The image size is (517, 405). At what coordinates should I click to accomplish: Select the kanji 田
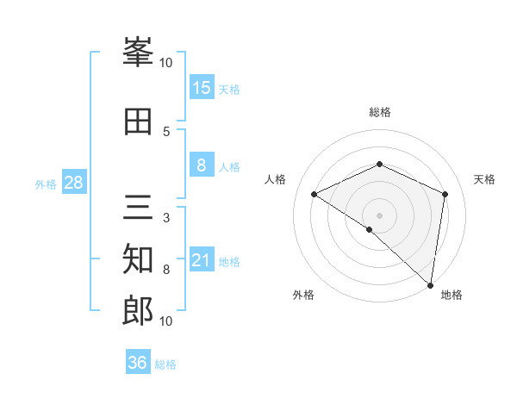(x=138, y=121)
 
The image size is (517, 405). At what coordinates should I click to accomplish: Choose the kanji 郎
(x=138, y=310)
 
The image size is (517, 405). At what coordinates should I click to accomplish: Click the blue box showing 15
(x=202, y=88)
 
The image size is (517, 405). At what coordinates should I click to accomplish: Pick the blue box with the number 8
(x=202, y=166)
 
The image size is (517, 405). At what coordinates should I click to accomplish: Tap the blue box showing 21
(x=202, y=261)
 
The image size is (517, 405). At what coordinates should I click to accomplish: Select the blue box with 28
(x=73, y=184)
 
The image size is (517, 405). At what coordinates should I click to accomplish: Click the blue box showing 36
(x=138, y=363)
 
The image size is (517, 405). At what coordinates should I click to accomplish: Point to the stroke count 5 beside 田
(x=166, y=131)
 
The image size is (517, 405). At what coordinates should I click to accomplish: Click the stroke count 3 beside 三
(x=166, y=218)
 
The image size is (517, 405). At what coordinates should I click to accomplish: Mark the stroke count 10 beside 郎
(x=166, y=321)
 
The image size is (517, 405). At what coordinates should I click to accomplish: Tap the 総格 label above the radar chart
(x=379, y=112)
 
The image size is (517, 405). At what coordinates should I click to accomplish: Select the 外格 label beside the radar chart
(x=303, y=295)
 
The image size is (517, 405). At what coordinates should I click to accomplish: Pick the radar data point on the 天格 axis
(x=445, y=194)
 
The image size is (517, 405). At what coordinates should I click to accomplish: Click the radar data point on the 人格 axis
(x=315, y=194)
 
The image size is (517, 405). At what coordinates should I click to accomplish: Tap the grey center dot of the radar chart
(x=379, y=215)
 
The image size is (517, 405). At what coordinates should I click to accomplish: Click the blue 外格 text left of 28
(x=45, y=184)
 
